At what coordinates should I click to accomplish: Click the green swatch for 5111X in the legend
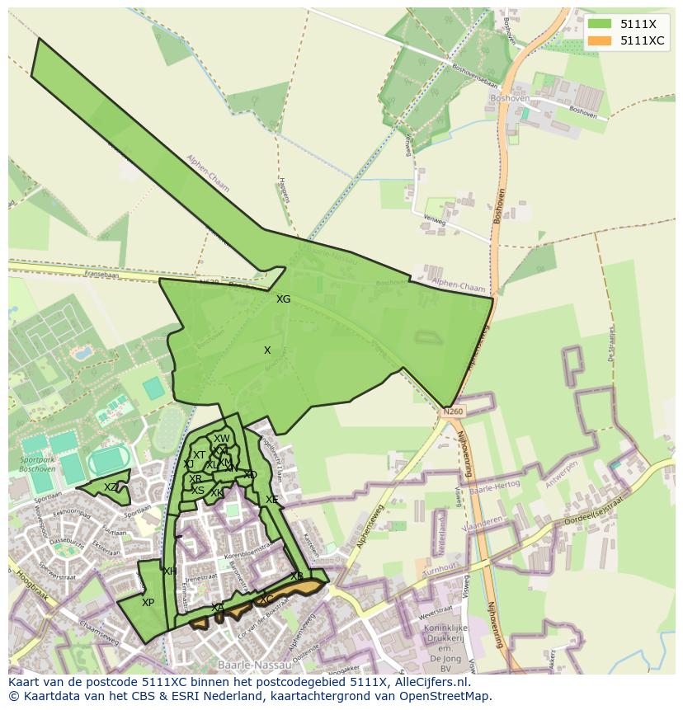[x=600, y=24]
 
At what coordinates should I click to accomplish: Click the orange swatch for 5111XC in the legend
[x=600, y=40]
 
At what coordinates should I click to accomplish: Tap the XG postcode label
[x=283, y=299]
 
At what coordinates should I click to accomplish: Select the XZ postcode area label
[x=111, y=487]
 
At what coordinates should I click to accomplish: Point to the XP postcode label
[x=148, y=603]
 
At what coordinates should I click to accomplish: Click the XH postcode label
[x=170, y=571]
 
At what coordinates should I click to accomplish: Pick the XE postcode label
[x=271, y=500]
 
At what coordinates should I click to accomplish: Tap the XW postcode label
[x=222, y=439]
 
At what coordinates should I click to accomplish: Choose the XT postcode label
[x=199, y=455]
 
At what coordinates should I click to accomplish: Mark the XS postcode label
[x=198, y=491]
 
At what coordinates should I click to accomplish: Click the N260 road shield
[x=453, y=411]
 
